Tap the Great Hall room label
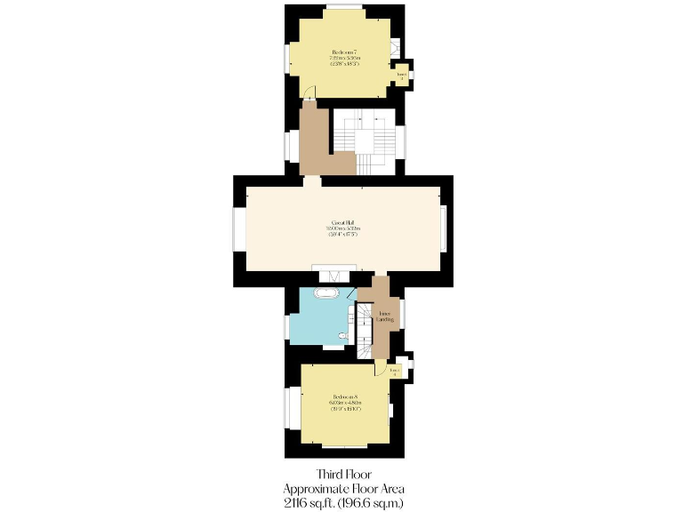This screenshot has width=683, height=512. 342,228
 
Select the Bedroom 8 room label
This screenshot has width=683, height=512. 344,402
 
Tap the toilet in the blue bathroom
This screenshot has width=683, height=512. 343,336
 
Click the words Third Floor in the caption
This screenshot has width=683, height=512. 342,475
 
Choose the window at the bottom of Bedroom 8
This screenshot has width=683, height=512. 345,446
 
